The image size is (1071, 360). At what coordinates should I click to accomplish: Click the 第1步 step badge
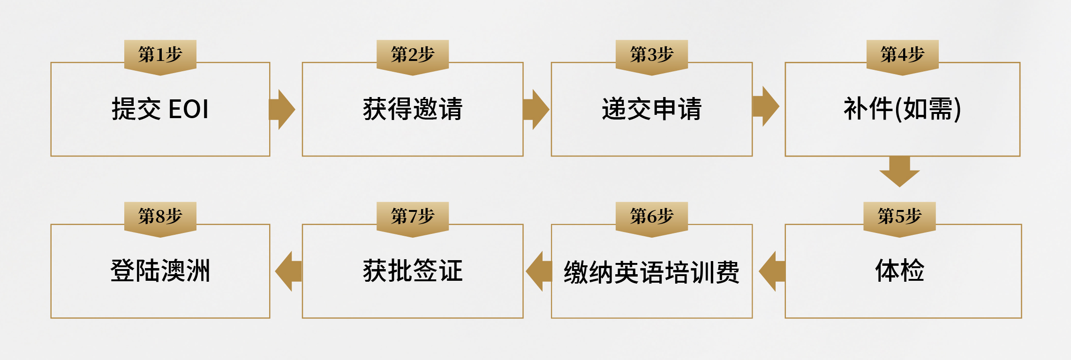click(160, 55)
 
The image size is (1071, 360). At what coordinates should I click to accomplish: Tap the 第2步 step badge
click(413, 55)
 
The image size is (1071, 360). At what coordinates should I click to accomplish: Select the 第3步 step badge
click(651, 55)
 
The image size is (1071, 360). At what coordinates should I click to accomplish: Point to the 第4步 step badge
click(902, 55)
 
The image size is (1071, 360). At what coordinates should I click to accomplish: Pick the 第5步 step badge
click(899, 217)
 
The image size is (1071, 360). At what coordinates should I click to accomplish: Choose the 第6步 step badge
click(651, 217)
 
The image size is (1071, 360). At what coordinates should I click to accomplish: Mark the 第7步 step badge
click(413, 217)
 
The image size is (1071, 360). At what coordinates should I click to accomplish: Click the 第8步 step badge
click(160, 217)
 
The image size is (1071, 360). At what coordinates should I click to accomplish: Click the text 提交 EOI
click(160, 109)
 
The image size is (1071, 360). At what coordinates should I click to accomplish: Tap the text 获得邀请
click(413, 109)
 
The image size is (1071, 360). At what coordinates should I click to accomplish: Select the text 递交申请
click(651, 109)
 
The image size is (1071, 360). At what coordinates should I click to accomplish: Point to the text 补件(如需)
click(902, 109)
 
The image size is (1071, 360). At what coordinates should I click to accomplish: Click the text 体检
click(899, 271)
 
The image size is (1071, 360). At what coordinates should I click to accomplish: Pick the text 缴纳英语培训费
click(651, 272)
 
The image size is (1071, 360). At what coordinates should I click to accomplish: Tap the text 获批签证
click(413, 271)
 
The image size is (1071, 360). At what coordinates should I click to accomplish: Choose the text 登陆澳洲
click(160, 271)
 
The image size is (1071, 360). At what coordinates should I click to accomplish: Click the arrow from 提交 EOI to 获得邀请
click(282, 109)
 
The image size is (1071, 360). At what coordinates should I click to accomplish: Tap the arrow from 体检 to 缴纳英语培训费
click(772, 271)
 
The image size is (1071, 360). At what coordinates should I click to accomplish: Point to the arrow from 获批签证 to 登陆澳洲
click(288, 271)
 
